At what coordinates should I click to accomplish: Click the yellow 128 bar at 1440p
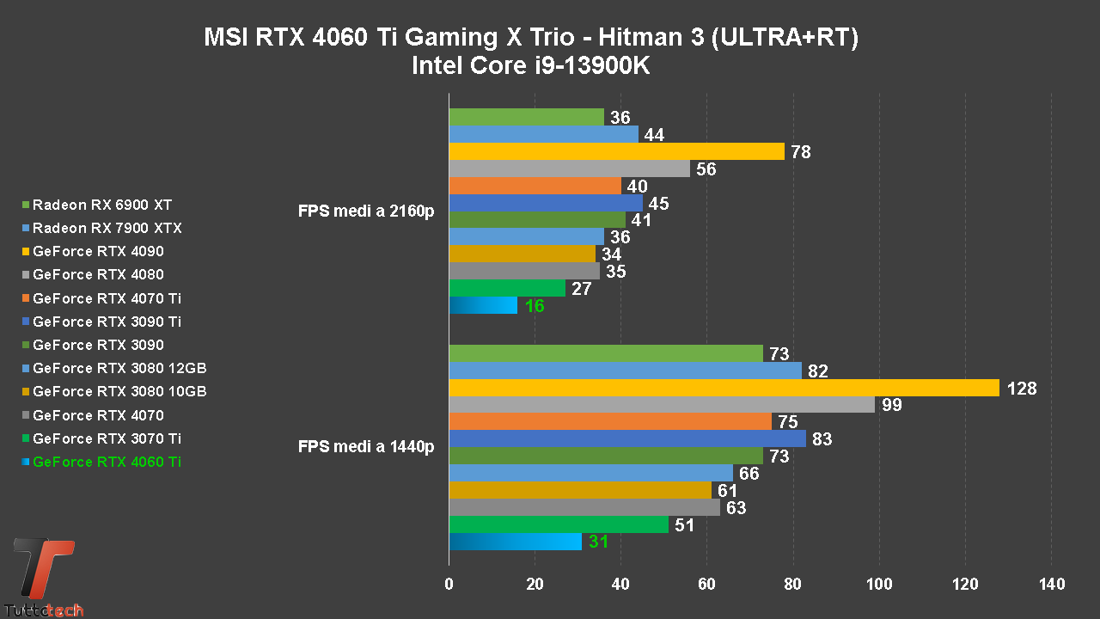click(724, 389)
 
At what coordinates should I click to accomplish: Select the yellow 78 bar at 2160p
click(616, 152)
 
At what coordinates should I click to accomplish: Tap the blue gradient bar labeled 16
click(483, 306)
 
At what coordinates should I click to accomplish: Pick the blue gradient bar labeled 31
click(515, 542)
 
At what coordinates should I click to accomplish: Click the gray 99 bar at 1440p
click(662, 405)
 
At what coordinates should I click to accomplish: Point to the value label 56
click(706, 169)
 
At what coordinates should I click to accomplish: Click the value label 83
click(822, 439)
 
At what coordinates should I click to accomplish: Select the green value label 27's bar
click(507, 289)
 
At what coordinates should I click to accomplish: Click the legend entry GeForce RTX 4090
click(98, 251)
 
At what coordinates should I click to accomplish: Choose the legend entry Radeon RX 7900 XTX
click(107, 228)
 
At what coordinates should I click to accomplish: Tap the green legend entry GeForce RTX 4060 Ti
click(107, 462)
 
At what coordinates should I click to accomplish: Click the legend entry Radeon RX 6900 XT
click(102, 205)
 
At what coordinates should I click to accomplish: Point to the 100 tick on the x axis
click(879, 585)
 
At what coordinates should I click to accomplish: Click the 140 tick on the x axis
click(1051, 585)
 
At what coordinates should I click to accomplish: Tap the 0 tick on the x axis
click(449, 585)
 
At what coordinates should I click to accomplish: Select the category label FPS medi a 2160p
click(366, 211)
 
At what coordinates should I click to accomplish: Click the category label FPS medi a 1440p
click(366, 447)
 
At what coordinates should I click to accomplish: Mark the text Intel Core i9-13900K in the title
click(531, 65)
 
